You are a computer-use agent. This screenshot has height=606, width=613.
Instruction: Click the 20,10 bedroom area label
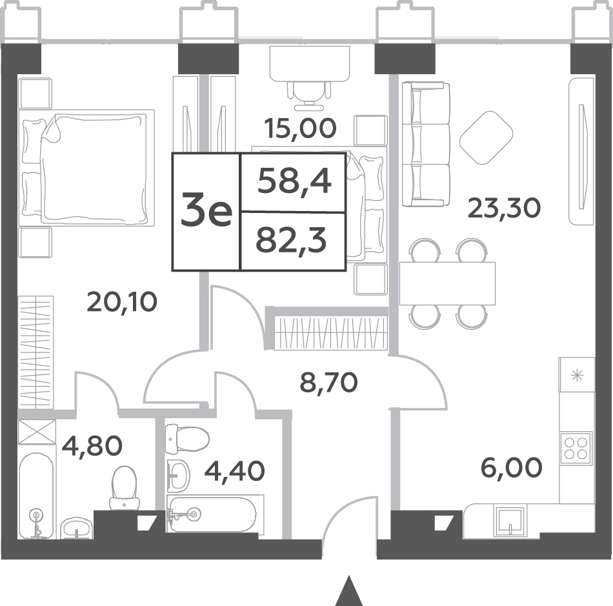point(122,302)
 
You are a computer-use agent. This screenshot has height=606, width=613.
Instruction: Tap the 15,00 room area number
point(300,128)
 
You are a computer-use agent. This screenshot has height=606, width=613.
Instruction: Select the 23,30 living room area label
point(505,208)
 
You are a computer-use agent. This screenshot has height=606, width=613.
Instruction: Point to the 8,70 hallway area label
point(329,382)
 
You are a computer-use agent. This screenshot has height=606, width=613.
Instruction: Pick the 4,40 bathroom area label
point(235,471)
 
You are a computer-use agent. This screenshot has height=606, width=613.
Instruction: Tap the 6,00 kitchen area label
point(511,468)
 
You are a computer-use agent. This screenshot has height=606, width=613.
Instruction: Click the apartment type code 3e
point(206,212)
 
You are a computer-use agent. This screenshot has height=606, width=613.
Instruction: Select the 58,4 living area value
point(295,182)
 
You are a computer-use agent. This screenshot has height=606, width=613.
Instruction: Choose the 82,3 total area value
point(291,241)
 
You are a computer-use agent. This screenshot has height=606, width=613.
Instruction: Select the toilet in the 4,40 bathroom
point(187,439)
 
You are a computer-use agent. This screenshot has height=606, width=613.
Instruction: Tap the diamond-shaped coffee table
point(487,138)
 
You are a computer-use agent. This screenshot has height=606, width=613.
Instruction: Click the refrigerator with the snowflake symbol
point(577,375)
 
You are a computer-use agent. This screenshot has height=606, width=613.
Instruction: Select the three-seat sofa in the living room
point(426,144)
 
